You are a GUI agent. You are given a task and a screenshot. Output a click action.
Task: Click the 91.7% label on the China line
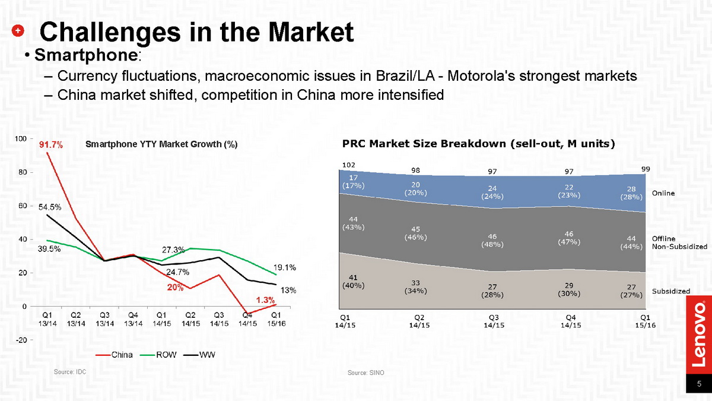(51, 144)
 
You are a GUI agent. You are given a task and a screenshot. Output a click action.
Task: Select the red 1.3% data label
(265, 300)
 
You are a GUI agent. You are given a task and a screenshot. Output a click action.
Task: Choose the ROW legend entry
(160, 355)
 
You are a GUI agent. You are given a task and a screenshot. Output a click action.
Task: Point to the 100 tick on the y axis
(20, 138)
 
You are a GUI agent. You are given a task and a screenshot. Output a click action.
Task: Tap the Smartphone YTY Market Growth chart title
(161, 144)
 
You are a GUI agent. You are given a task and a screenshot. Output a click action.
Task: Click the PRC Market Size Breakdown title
(478, 143)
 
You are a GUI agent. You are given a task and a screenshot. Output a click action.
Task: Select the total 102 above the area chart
(349, 165)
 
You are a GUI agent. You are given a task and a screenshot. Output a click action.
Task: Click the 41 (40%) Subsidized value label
(352, 280)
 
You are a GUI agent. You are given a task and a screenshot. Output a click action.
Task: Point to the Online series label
(663, 193)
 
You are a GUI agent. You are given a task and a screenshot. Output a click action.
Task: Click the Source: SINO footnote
(363, 372)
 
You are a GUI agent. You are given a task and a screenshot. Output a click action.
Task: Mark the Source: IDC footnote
(70, 371)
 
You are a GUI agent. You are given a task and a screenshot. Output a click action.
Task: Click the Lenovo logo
(699, 333)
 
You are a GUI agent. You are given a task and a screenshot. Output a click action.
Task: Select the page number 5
(699, 384)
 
